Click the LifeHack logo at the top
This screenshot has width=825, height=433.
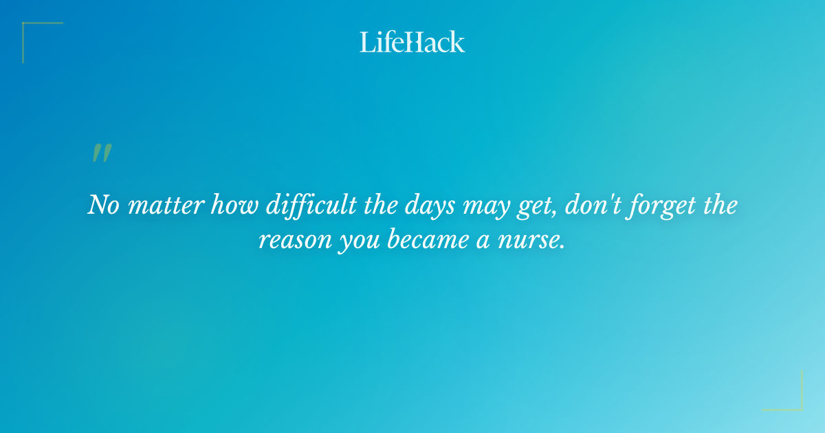(x=412, y=42)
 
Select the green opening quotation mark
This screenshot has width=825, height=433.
(x=101, y=153)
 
